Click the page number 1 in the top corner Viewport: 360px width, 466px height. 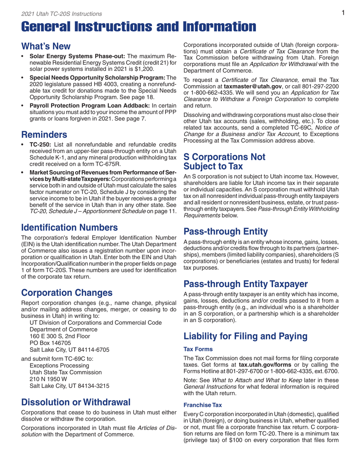(x=342, y=13)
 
